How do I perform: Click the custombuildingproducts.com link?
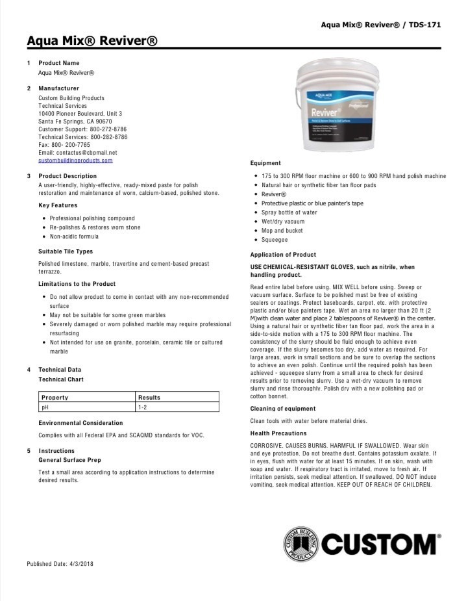(x=75, y=160)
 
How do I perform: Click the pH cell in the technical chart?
(x=45, y=407)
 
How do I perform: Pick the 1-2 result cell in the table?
(x=142, y=407)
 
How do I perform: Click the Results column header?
(x=149, y=397)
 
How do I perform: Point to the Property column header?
(x=55, y=397)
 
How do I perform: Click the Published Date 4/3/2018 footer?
(x=60, y=563)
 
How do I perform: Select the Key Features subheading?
(x=58, y=205)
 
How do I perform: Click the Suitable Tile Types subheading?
(x=66, y=251)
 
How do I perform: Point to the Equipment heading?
(x=265, y=163)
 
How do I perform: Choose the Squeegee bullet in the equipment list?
(x=275, y=240)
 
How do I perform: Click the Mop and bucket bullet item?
(x=282, y=231)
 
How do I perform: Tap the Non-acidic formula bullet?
(x=75, y=237)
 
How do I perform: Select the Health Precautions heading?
(x=279, y=433)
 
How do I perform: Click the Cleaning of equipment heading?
(x=283, y=409)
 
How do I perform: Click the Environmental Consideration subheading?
(x=80, y=423)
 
